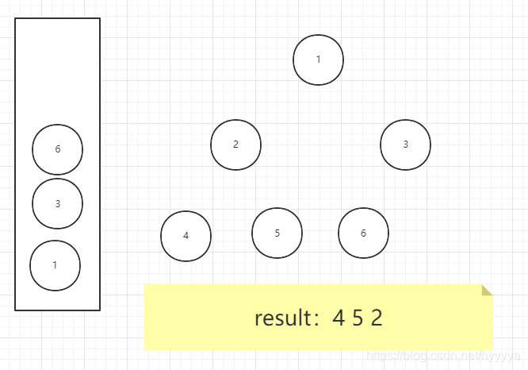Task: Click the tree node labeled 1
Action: click(x=318, y=60)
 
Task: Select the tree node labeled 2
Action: click(x=235, y=145)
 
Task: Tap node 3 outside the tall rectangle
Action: click(x=405, y=145)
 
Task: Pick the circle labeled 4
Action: click(x=186, y=236)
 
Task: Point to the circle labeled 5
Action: click(x=277, y=233)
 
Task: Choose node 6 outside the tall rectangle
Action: click(x=363, y=233)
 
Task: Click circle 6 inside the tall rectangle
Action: click(x=57, y=149)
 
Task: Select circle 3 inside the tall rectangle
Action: click(x=57, y=204)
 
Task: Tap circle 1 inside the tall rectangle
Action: click(x=55, y=265)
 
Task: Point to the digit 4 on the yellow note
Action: click(x=339, y=318)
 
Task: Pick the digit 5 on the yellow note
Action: click(x=358, y=318)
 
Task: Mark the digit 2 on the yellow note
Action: click(x=376, y=318)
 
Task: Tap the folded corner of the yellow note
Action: click(x=487, y=289)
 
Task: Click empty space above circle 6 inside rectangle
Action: click(x=57, y=71)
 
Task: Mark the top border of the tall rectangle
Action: click(x=57, y=18)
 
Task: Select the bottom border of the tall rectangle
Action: click(x=57, y=310)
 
